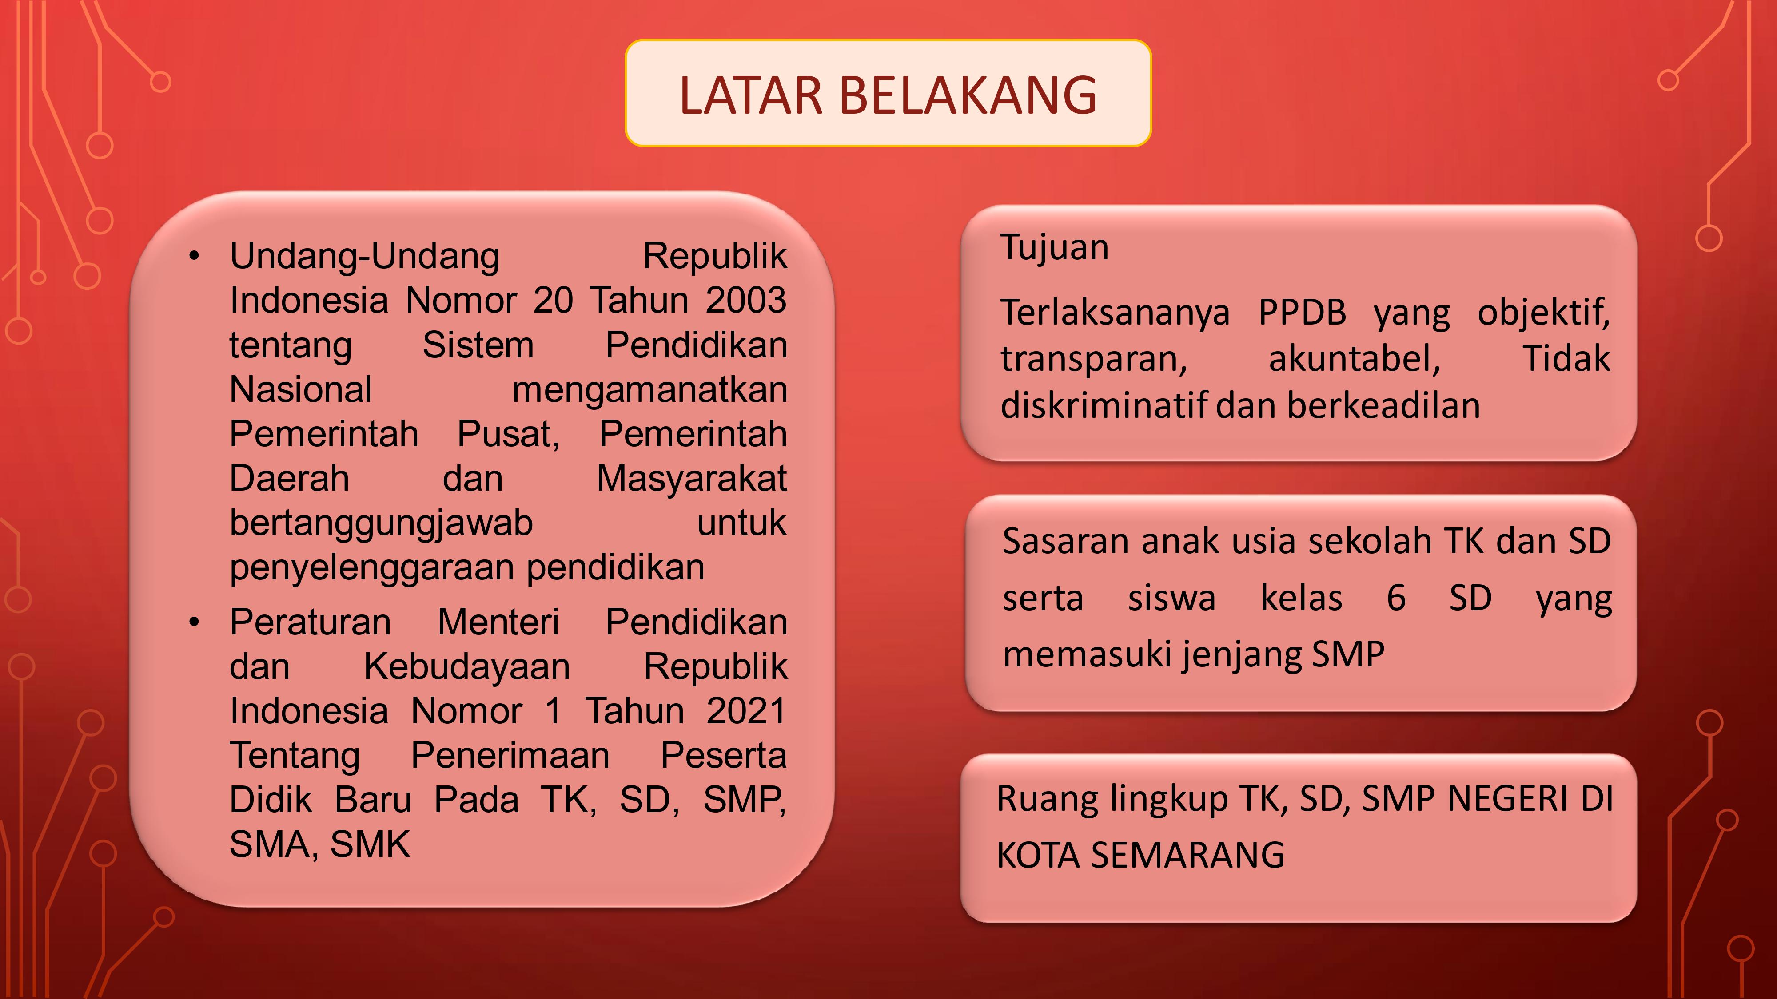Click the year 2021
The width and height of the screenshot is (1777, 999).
tap(746, 711)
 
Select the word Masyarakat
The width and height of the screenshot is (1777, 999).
tap(691, 479)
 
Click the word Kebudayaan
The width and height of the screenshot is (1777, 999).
tap(467, 667)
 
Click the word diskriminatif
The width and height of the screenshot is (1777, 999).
tap(1104, 405)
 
